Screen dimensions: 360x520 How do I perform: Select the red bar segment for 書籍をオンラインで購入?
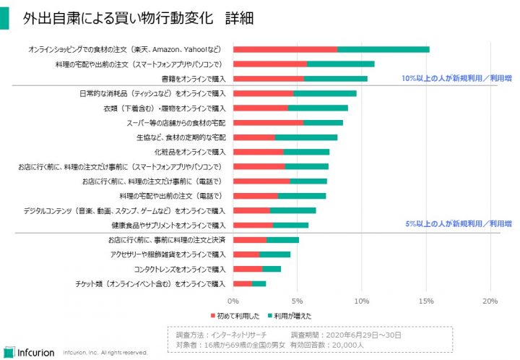[269, 78]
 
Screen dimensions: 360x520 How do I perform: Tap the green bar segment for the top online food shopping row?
[383, 49]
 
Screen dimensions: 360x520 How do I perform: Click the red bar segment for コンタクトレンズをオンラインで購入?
[248, 269]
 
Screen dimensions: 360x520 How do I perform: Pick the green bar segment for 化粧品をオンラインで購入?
[306, 152]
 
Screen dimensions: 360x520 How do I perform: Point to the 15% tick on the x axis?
[426, 300]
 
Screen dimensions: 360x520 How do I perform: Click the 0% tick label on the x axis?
[233, 300]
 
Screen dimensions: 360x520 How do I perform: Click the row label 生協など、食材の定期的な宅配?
[181, 137]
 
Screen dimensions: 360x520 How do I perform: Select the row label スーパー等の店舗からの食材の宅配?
[175, 122]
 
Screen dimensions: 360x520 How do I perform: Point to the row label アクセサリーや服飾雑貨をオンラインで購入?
[168, 254]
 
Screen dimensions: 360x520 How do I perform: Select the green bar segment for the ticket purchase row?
[259, 283]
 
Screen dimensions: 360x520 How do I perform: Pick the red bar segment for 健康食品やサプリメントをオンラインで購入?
[253, 225]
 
